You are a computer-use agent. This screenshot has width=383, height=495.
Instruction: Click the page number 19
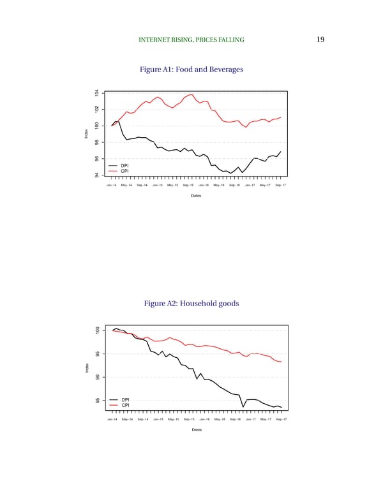click(320, 40)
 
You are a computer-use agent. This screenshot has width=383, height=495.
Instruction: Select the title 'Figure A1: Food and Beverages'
click(191, 69)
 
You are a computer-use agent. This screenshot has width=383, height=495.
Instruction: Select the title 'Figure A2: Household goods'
click(191, 304)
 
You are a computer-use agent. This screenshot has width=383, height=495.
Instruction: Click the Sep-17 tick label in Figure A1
click(280, 185)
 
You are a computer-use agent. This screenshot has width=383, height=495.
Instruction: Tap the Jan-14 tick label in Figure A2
click(112, 420)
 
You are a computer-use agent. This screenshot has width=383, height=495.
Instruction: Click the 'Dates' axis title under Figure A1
click(196, 195)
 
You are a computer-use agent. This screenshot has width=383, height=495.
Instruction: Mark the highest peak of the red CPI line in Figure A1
click(192, 94)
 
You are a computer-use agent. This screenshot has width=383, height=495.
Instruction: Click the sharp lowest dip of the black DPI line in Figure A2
click(243, 406)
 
